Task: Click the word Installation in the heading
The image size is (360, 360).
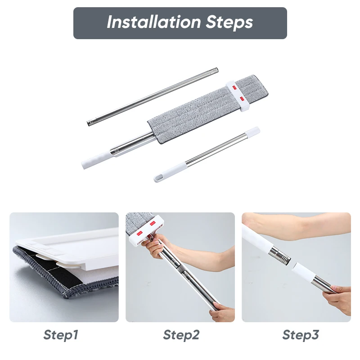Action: coord(153,22)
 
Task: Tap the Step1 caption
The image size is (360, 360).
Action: coord(61,335)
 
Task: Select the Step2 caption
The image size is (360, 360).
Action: coord(181,335)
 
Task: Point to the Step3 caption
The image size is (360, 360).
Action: coord(301,335)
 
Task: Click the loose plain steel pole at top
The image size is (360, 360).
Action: coord(153,97)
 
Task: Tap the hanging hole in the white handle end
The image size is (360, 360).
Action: coord(159,177)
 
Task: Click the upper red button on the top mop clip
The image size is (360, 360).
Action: coord(234,87)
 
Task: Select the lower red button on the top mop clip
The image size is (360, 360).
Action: coord(242,98)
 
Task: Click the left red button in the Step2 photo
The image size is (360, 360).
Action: coord(139,233)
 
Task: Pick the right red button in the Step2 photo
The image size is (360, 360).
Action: coord(153,223)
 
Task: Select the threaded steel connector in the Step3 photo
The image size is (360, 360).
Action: coord(280,255)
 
